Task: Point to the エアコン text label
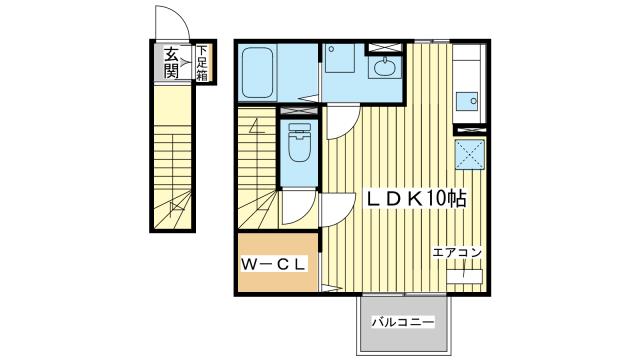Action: point(458,252)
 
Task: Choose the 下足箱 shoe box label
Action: point(202,62)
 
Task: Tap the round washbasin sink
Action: point(384,69)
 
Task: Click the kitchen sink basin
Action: point(466,100)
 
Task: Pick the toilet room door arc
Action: point(298,207)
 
